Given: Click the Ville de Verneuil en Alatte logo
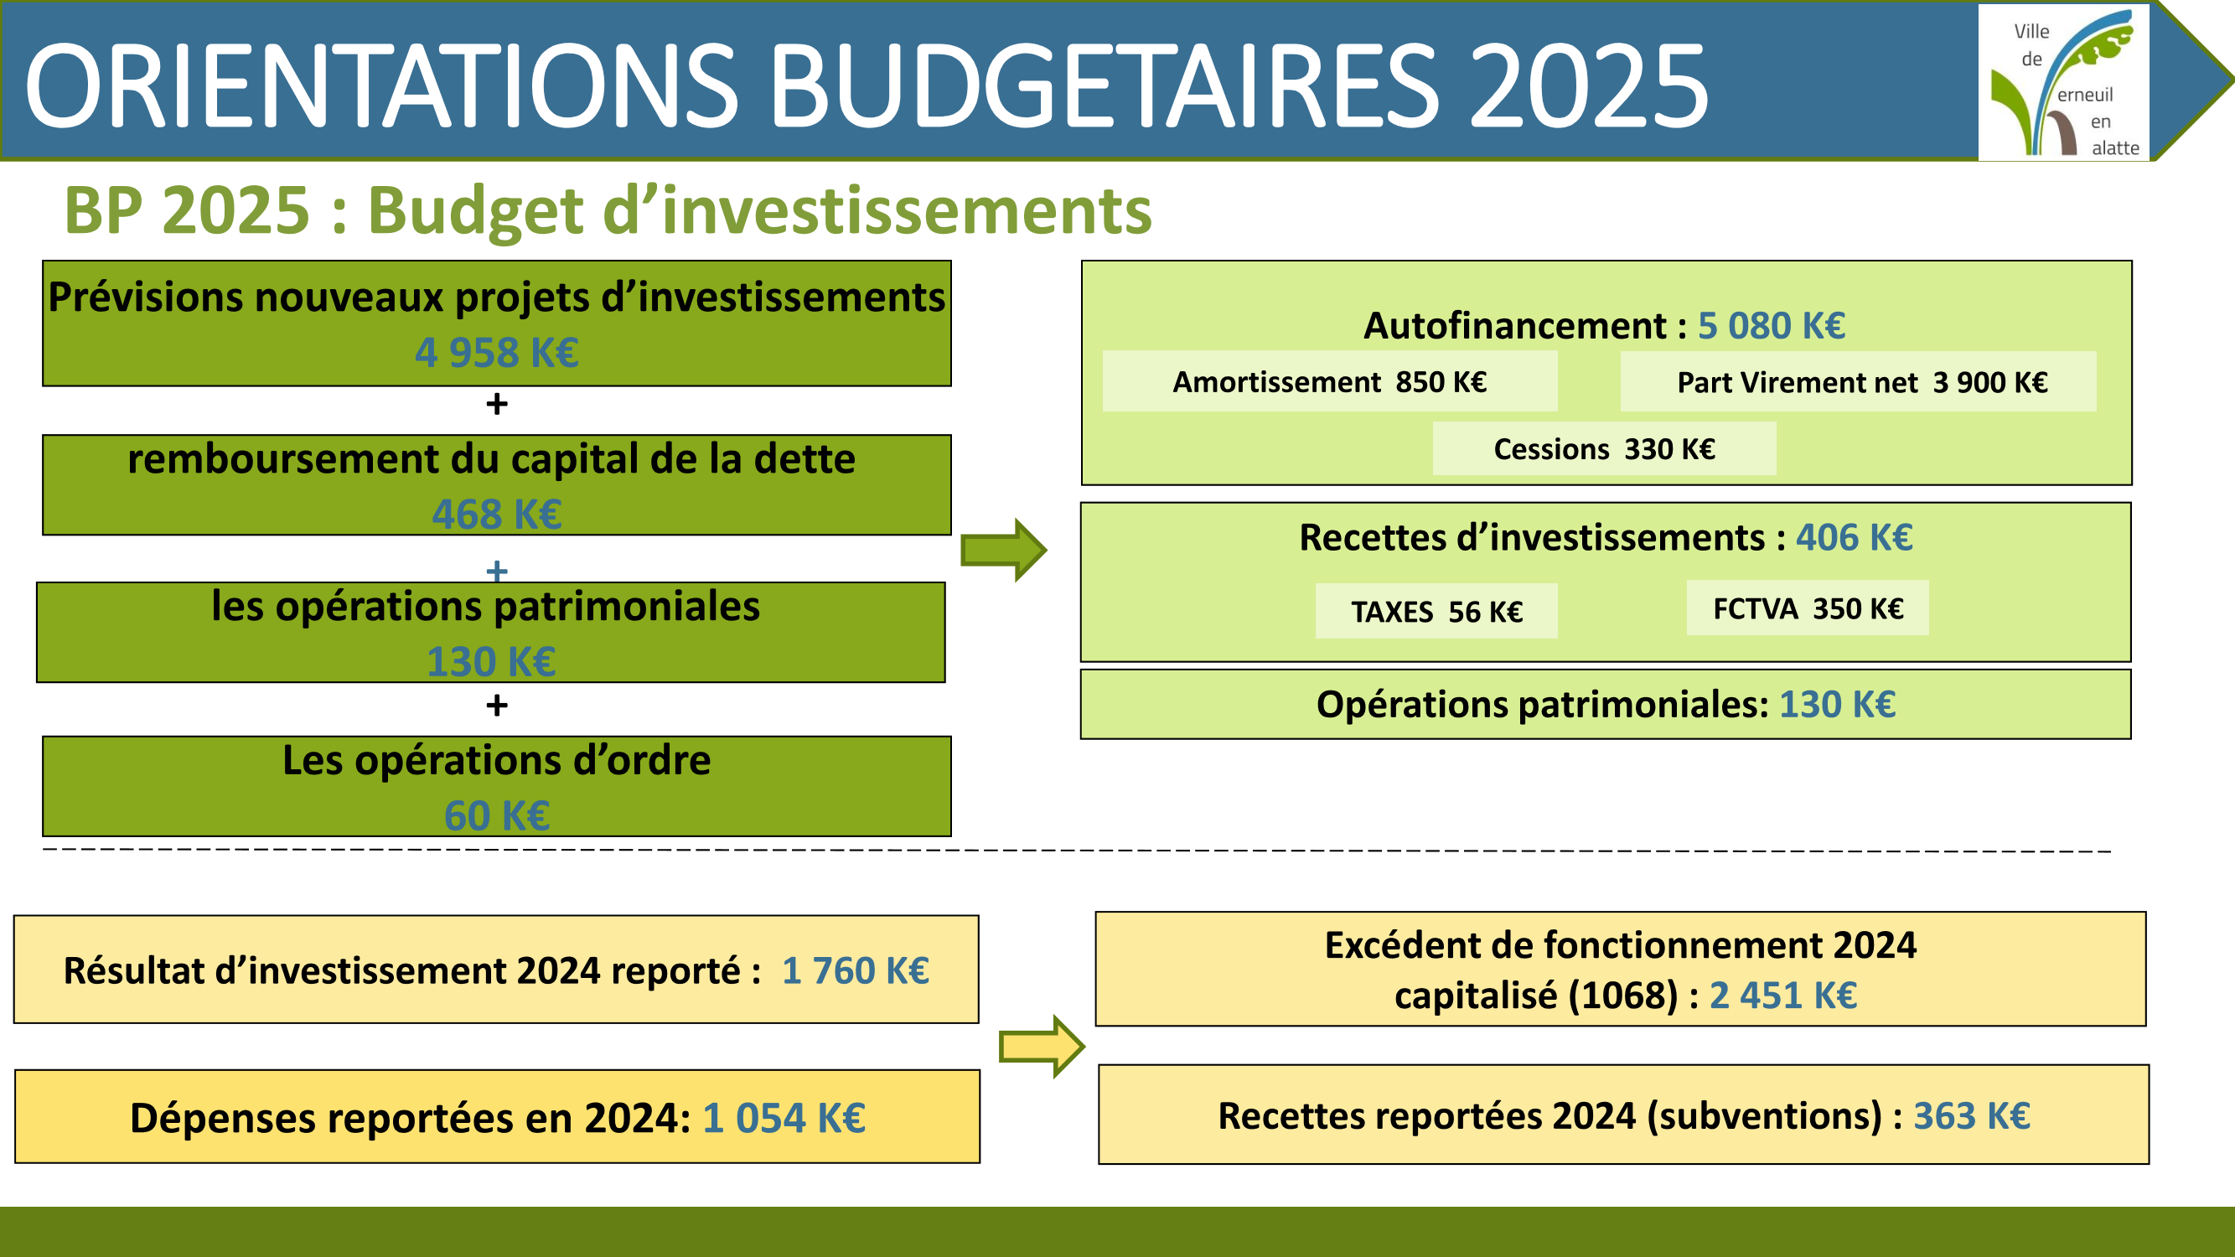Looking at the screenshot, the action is [2063, 81].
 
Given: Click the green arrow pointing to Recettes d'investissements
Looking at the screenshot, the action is [1004, 550].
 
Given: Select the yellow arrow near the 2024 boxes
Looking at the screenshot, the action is [1041, 1046].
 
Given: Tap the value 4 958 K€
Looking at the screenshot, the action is [496, 352].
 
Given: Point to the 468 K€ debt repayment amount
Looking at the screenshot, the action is [496, 514].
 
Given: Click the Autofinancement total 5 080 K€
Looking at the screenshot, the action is [1771, 325].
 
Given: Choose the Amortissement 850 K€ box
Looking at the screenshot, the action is [1329, 381].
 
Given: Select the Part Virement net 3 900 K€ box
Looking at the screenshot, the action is [1858, 381].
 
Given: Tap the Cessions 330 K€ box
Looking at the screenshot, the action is [1604, 448].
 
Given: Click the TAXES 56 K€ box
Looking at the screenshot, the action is [1436, 611].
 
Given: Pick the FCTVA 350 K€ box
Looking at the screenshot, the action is [1808, 608].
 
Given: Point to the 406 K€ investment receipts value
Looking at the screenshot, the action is [1854, 537].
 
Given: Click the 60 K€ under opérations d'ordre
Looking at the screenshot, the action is [496, 815].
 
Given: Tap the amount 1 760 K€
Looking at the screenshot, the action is [856, 970].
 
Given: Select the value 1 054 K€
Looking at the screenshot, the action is [784, 1117].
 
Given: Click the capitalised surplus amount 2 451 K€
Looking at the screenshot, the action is [1783, 995].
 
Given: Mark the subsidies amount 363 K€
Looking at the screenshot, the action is [1971, 1115].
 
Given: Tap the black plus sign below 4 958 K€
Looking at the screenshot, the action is [496, 403].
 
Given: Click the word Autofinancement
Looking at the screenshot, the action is [1515, 325].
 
